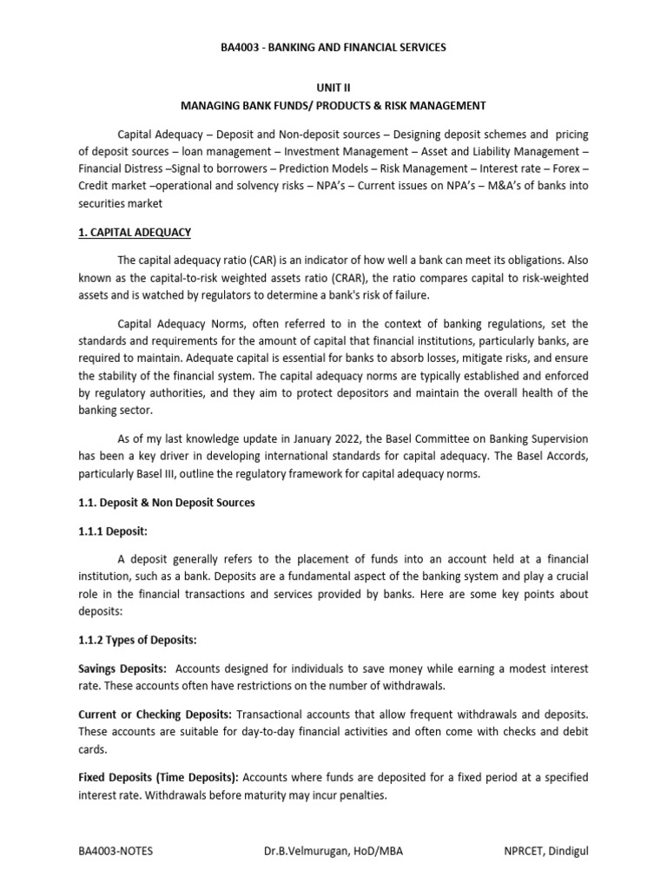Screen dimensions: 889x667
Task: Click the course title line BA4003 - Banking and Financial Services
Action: [333, 47]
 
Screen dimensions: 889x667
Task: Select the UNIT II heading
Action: [333, 89]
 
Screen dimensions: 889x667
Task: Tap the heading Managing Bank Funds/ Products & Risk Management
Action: [333, 105]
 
